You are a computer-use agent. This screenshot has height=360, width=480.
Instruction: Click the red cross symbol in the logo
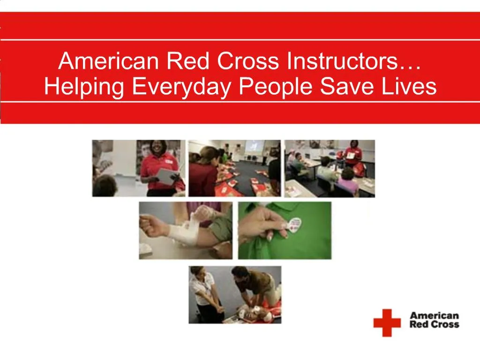(x=387, y=322)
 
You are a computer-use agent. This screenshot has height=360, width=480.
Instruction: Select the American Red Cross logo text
(x=435, y=320)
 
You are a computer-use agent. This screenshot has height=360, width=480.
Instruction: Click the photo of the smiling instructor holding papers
(x=138, y=168)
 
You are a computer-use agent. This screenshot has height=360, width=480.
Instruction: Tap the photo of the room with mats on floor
(x=234, y=168)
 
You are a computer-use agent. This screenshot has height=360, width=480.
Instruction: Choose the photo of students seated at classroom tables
(x=330, y=168)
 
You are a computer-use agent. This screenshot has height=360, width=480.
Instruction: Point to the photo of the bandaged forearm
(x=185, y=230)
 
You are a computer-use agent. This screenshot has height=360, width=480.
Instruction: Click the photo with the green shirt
(x=285, y=230)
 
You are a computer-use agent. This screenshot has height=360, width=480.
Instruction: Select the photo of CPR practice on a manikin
(x=235, y=294)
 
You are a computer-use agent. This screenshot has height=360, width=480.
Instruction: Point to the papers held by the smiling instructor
(x=167, y=176)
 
